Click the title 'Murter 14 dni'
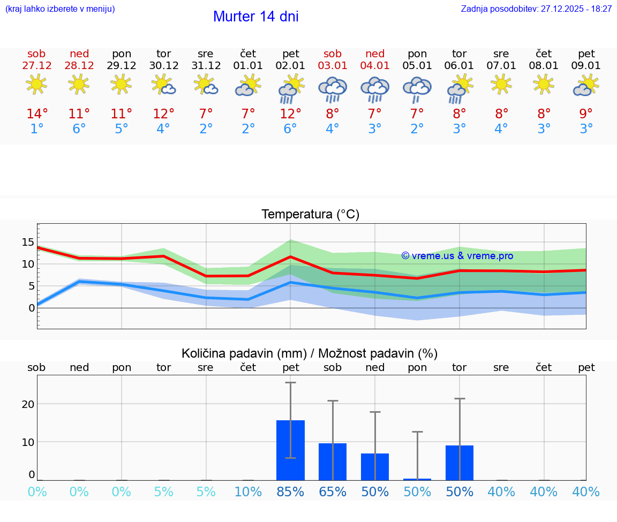(255, 17)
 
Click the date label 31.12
(206, 65)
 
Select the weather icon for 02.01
(290, 88)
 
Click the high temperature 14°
(37, 114)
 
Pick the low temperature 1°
(37, 129)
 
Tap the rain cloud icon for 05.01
(417, 88)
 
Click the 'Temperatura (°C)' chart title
(310, 214)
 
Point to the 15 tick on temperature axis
(28, 242)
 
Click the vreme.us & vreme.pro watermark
(457, 256)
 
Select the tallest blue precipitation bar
(290, 450)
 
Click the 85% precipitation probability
(290, 491)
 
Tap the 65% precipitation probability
(333, 491)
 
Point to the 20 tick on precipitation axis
(28, 404)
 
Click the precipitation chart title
(310, 353)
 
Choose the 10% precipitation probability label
(248, 491)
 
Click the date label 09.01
(586, 65)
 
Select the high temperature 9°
(586, 114)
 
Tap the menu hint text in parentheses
(60, 9)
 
